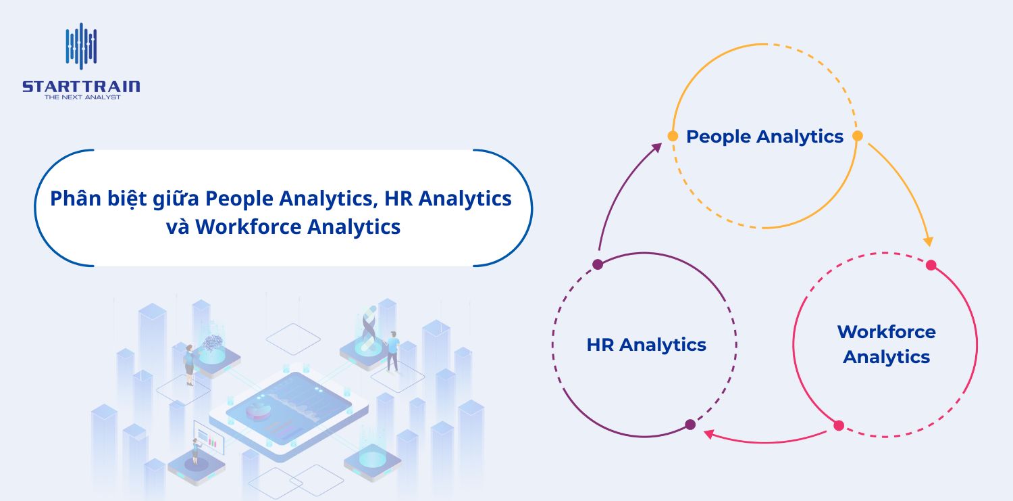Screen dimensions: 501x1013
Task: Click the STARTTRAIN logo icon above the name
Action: pos(81,47)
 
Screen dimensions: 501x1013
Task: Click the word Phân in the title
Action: pos(75,199)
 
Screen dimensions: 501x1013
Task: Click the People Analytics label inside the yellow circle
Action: pos(764,137)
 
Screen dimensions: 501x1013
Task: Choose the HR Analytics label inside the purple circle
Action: pos(646,345)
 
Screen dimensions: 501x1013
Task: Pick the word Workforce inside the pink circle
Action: pos(886,332)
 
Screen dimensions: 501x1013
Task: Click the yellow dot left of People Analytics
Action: pos(673,136)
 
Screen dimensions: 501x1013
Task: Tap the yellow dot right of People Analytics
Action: pos(858,136)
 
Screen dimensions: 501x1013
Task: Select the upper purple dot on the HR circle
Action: pos(597,264)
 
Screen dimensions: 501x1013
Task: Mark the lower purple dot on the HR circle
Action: pos(690,425)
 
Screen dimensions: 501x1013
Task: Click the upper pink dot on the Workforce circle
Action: pos(931,265)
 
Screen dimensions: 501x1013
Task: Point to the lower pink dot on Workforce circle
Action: pos(839,426)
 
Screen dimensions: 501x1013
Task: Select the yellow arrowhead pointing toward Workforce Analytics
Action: pos(929,241)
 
